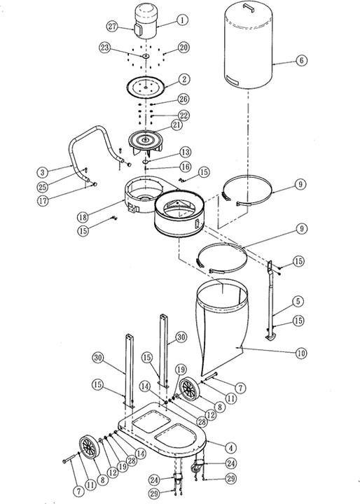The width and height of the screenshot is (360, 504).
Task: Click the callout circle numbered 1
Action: coord(182,20)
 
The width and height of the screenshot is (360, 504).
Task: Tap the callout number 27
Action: coord(112,26)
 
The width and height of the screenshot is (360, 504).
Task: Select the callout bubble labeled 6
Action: coord(301,60)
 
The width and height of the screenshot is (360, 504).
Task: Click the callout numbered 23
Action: coord(104,48)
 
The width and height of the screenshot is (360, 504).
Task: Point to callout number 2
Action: coord(184,79)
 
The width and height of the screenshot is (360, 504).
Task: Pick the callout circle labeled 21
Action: coord(176,125)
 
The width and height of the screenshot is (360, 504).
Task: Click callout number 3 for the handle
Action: coord(43,172)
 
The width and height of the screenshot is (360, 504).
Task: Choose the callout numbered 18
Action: coord(83,217)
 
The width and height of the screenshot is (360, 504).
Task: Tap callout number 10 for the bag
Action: coord(301,353)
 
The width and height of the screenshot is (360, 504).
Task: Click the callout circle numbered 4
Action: coord(230,448)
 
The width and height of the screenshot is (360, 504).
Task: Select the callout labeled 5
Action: coord(298,302)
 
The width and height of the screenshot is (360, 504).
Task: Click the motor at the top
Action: coord(146,21)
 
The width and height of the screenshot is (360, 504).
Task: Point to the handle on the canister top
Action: coord(249,8)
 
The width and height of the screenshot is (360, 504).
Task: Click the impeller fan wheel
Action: coord(146,142)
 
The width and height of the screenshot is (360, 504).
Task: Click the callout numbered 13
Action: coord(186,152)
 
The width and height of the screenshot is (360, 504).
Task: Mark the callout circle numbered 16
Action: coord(186,167)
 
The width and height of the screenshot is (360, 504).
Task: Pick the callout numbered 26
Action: coord(184,99)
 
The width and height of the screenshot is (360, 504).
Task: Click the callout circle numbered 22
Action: coord(184,115)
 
